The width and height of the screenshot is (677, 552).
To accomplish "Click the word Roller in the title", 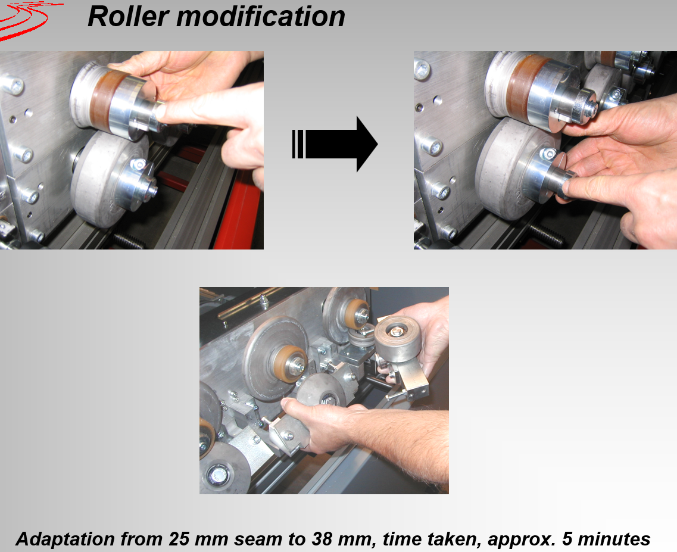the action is [128, 17].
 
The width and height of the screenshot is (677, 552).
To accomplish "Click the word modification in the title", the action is [261, 17].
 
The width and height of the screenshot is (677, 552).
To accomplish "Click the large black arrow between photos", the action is [335, 144].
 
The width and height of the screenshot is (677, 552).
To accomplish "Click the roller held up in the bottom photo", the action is [397, 338].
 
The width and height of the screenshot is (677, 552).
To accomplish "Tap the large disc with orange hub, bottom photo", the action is [276, 358].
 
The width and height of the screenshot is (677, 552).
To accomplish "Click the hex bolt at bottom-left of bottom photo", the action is [218, 475].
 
